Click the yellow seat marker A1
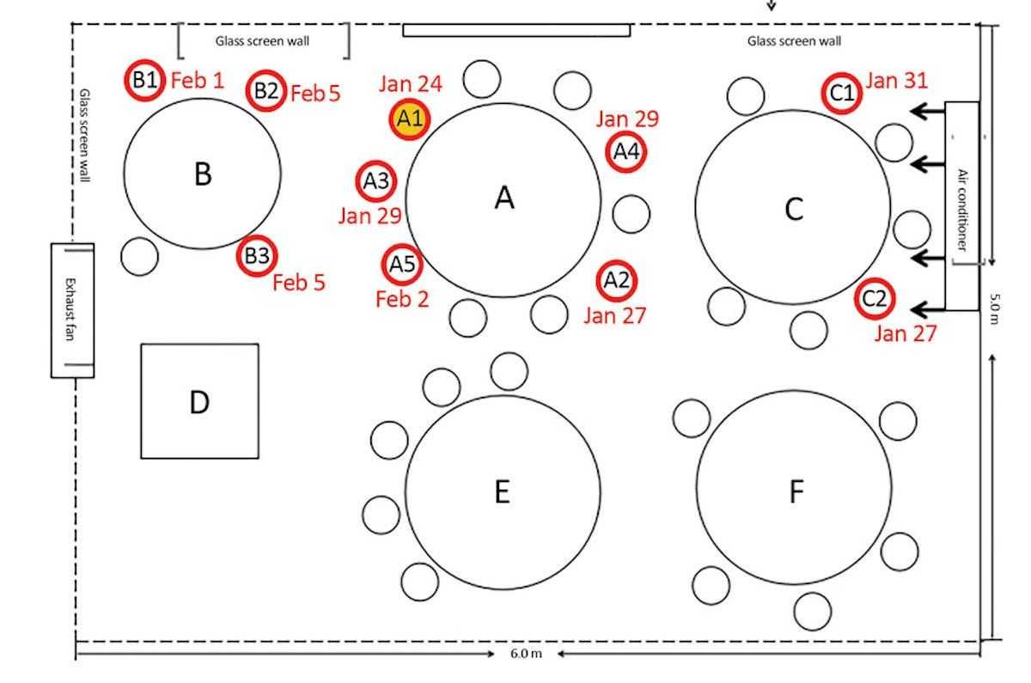click(410, 119)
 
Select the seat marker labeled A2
click(617, 280)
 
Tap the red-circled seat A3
click(376, 181)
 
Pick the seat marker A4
click(625, 152)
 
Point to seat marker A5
click(402, 264)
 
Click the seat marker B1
click(144, 81)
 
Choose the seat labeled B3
click(257, 255)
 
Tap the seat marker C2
click(875, 299)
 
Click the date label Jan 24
click(410, 84)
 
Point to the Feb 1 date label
click(198, 81)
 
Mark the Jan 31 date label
click(896, 81)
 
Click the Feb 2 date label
click(402, 299)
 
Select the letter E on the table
click(503, 491)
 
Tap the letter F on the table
click(796, 491)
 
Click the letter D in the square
click(199, 401)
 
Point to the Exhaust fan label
click(72, 310)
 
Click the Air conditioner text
click(962, 209)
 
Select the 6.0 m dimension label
click(526, 655)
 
